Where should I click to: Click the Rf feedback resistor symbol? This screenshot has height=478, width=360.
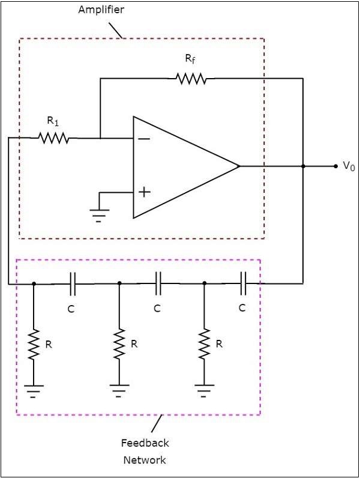[191, 78]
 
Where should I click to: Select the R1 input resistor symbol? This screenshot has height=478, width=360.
[54, 138]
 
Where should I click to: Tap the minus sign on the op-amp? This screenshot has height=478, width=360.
[144, 138]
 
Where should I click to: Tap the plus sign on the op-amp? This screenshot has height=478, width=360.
[144, 192]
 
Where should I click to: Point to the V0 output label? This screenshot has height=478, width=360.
[349, 166]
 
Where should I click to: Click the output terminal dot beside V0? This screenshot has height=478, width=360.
[335, 166]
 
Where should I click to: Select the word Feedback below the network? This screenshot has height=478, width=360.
[145, 443]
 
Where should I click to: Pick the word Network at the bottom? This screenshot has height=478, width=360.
[145, 460]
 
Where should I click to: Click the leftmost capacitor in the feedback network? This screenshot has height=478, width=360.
[73, 283]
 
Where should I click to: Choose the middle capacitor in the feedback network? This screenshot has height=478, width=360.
[158, 283]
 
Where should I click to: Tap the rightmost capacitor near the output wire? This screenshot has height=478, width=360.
[243, 283]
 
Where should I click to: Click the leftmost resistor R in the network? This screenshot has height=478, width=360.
[34, 344]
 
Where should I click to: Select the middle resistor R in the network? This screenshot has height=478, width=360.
[119, 344]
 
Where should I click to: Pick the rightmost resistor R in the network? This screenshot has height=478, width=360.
[205, 344]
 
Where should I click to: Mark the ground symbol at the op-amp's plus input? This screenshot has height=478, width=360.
[99, 214]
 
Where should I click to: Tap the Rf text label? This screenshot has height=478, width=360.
[189, 59]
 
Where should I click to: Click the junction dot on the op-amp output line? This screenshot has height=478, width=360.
[303, 166]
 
